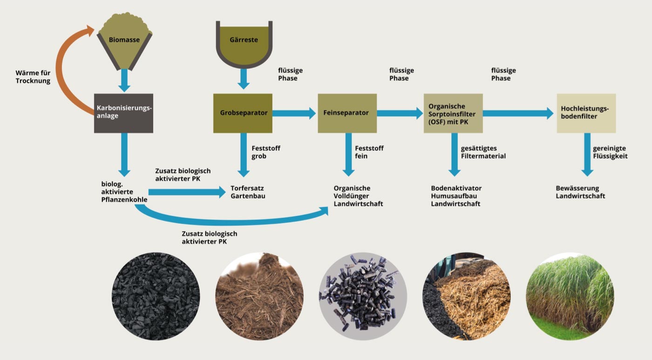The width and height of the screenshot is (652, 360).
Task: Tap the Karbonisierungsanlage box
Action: point(123,113)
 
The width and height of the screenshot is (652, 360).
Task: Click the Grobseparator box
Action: point(243,113)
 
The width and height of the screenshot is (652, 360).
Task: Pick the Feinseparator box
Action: point(347,113)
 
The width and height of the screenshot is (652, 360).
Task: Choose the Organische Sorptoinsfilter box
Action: point(453,113)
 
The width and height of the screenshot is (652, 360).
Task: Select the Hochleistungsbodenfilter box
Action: point(586,113)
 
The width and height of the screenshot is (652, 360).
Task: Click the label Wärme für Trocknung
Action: point(33,77)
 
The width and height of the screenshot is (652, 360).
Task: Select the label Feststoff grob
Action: point(266,152)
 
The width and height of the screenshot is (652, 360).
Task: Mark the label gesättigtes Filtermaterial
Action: point(483,152)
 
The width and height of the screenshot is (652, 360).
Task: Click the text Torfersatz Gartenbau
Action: point(248,192)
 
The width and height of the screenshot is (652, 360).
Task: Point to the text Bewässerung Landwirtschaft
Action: point(580,192)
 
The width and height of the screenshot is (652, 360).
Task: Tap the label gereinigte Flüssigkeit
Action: point(610,152)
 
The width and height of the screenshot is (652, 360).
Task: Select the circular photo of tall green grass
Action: point(570,296)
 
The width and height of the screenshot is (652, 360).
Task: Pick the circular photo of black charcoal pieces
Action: point(156,296)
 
